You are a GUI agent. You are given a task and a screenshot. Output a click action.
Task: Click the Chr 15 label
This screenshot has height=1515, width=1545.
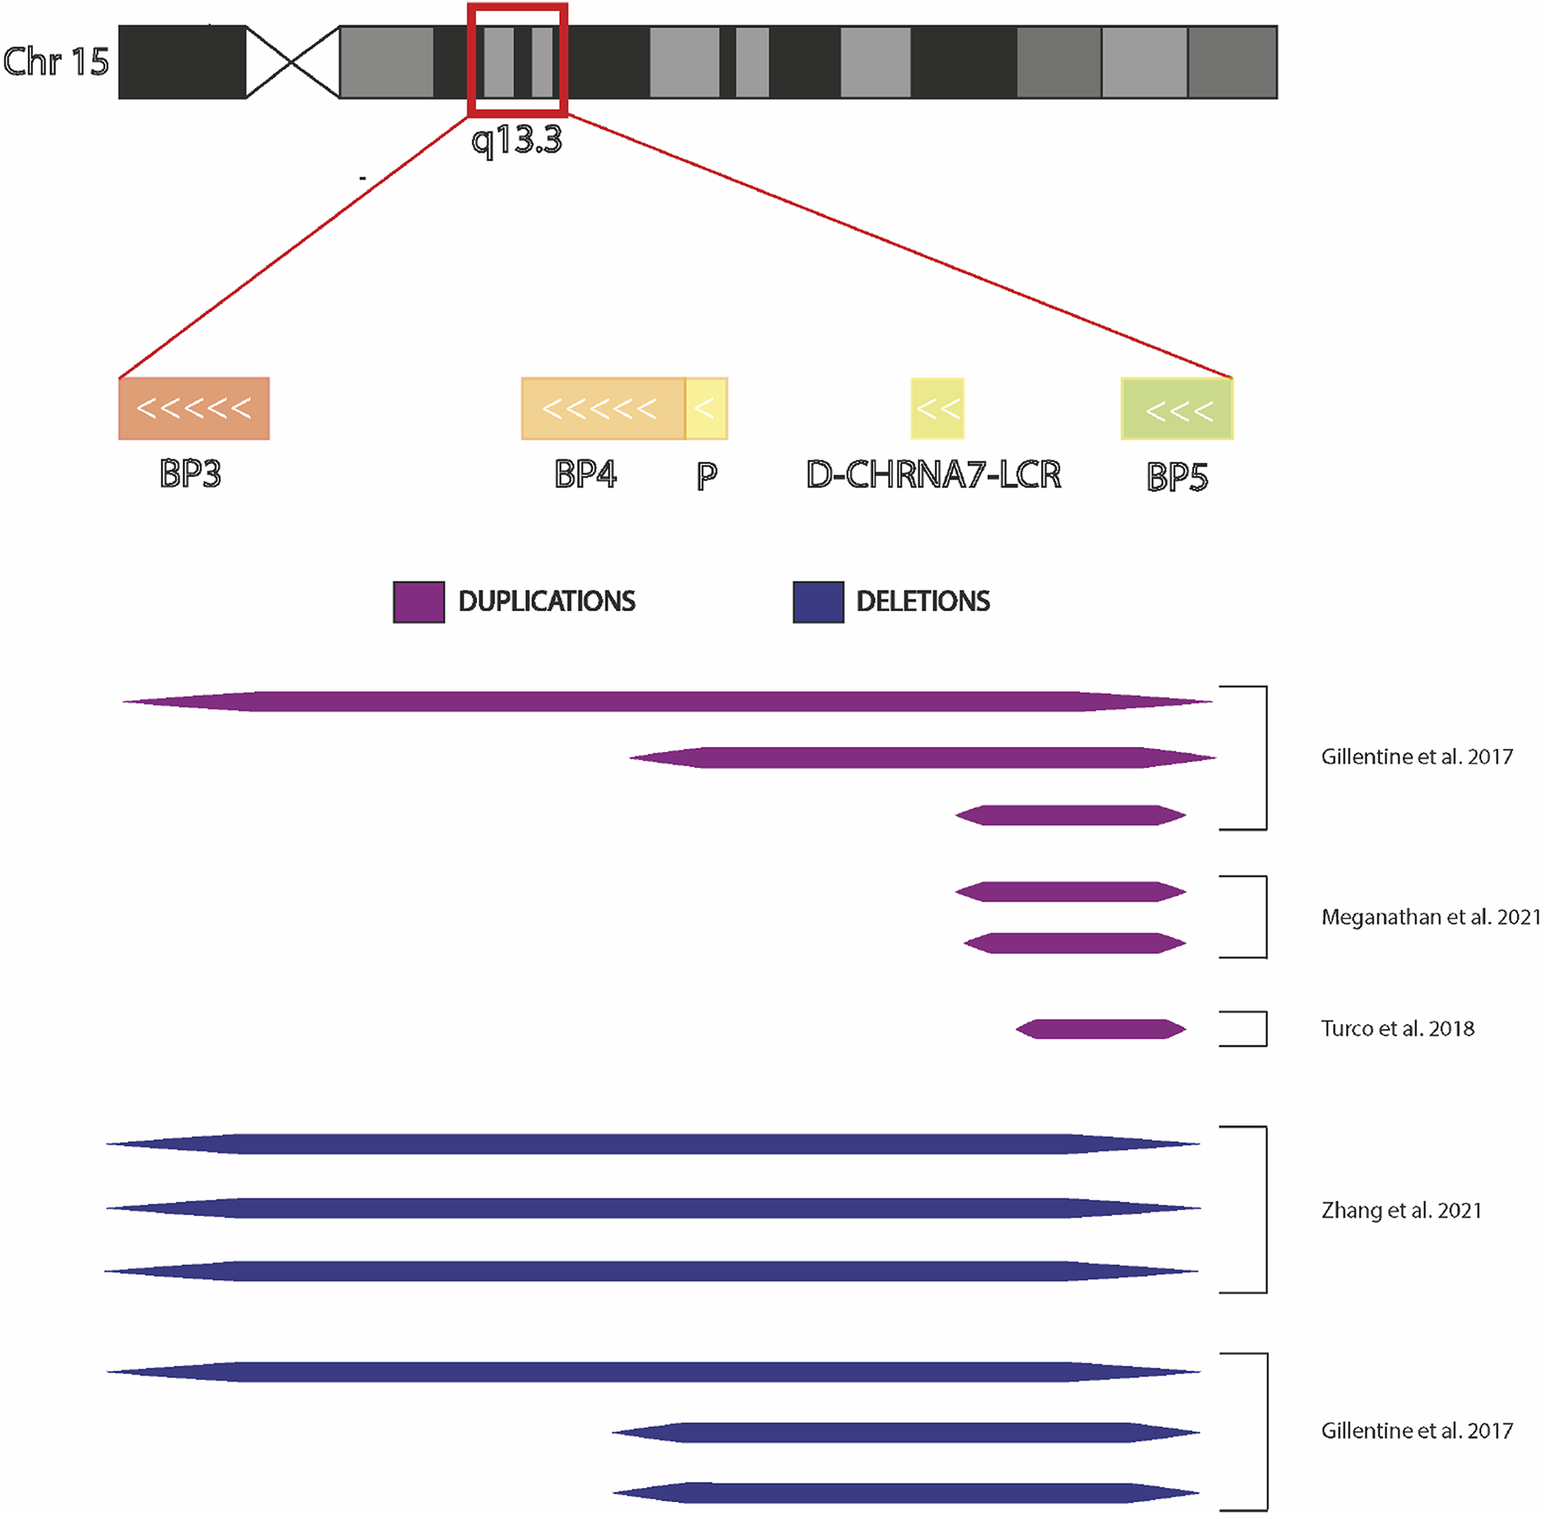(57, 62)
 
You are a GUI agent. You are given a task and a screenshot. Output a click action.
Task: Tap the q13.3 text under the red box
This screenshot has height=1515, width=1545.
(517, 139)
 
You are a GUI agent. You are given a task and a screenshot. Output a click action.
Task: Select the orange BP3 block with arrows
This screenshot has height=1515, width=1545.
(194, 408)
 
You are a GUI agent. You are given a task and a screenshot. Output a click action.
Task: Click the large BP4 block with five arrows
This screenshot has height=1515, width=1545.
(602, 408)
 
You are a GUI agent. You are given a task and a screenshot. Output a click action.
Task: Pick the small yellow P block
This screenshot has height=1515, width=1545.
(706, 408)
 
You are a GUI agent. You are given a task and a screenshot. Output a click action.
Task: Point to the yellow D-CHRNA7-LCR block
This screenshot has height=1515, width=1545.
(937, 408)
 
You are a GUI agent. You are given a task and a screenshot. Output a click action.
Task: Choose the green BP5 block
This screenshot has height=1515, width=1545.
(1177, 409)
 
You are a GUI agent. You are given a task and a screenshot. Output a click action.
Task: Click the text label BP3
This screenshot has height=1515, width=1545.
(190, 474)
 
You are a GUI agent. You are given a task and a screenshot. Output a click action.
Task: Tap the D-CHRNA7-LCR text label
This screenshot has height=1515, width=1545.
(933, 475)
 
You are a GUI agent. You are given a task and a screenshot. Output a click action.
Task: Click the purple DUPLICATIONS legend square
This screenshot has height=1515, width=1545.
(419, 601)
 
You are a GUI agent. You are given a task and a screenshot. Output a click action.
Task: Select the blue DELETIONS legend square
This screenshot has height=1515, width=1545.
(818, 601)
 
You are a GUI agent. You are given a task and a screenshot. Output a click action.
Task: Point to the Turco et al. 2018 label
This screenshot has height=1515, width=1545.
(1398, 1029)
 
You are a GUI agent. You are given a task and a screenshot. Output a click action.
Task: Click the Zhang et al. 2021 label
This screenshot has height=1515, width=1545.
(1401, 1210)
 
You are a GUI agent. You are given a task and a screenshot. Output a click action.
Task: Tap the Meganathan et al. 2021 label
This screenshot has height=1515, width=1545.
(1431, 917)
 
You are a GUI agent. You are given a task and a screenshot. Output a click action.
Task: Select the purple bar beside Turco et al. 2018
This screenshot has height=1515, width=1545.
(1100, 1029)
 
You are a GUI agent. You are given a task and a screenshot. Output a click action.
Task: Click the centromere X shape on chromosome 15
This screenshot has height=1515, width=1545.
(292, 62)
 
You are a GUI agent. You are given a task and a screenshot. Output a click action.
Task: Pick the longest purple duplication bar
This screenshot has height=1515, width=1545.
(667, 702)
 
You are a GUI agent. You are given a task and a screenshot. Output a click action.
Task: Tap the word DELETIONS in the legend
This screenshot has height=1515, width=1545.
(922, 601)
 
